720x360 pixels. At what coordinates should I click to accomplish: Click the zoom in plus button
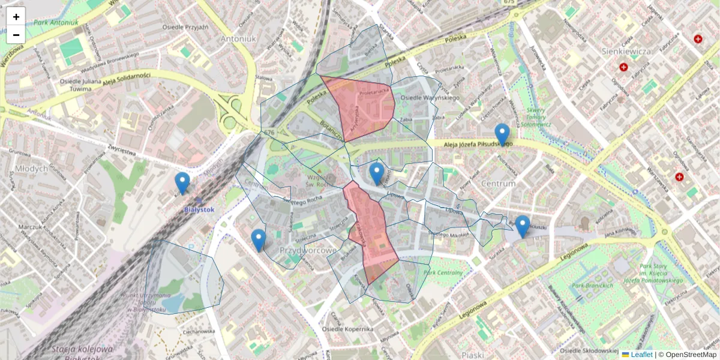[16, 16]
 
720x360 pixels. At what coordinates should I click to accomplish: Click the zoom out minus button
[16, 35]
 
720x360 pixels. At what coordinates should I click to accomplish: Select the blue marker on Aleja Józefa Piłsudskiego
[502, 134]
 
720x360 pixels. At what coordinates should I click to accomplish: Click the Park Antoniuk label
[56, 23]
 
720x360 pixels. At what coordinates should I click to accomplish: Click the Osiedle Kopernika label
[347, 329]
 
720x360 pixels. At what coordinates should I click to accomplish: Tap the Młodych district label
[32, 169]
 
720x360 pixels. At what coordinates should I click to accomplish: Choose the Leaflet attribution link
[641, 355]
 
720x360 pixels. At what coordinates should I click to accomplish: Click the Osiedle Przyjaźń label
[185, 27]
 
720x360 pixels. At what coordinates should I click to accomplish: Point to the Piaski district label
[473, 355]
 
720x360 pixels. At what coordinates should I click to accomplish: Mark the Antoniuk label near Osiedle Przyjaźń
[238, 38]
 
